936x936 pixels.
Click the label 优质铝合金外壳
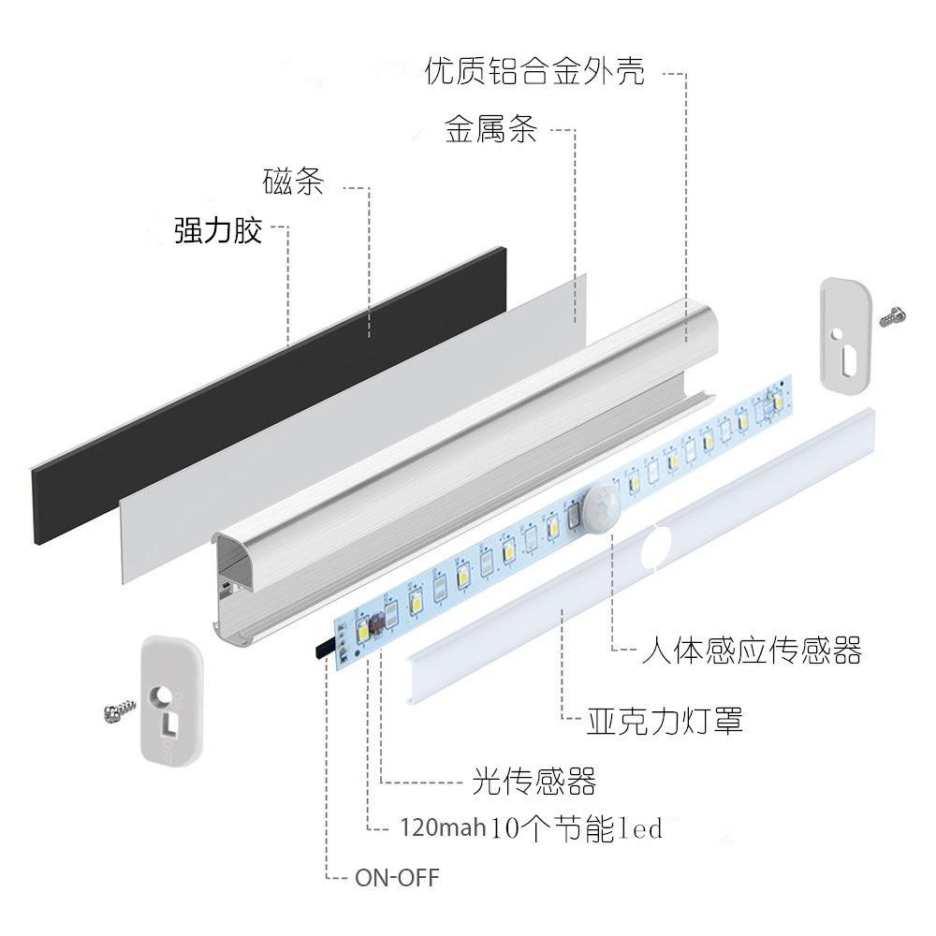(534, 71)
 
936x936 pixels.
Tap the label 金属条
(490, 129)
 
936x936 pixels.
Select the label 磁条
(293, 182)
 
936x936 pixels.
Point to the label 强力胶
(218, 230)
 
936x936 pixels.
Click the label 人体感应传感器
(751, 650)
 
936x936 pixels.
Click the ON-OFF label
(396, 878)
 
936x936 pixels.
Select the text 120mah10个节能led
(530, 828)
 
